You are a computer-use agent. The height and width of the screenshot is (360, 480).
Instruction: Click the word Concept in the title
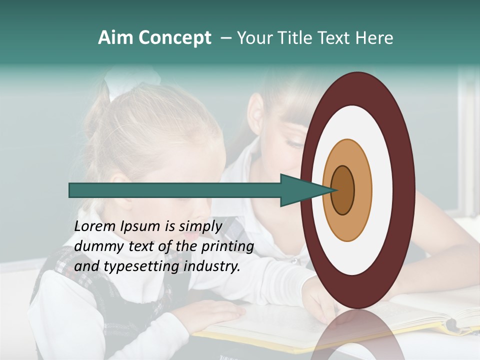coord(174,38)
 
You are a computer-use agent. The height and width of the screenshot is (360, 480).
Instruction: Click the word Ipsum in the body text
coord(139,226)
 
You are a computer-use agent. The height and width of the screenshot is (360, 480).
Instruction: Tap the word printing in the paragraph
coord(227,246)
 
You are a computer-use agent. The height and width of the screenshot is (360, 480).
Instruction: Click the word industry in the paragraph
coord(212,266)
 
